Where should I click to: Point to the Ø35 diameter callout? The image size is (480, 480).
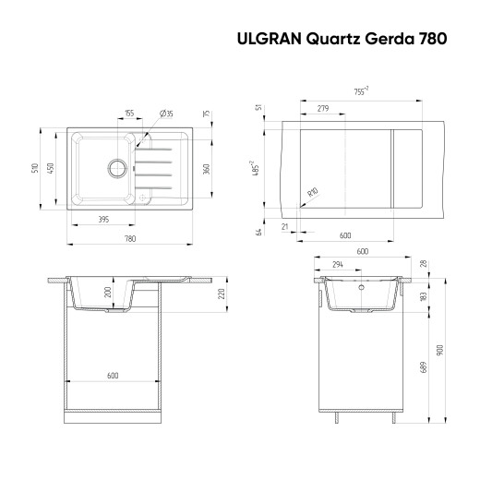click(167, 113)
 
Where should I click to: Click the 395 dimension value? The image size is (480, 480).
click(104, 219)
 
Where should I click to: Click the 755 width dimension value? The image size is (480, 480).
click(361, 90)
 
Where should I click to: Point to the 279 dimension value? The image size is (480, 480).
click(323, 109)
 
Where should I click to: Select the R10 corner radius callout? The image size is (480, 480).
click(312, 193)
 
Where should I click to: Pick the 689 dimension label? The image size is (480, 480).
click(423, 365)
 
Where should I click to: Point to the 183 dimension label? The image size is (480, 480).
click(423, 296)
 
